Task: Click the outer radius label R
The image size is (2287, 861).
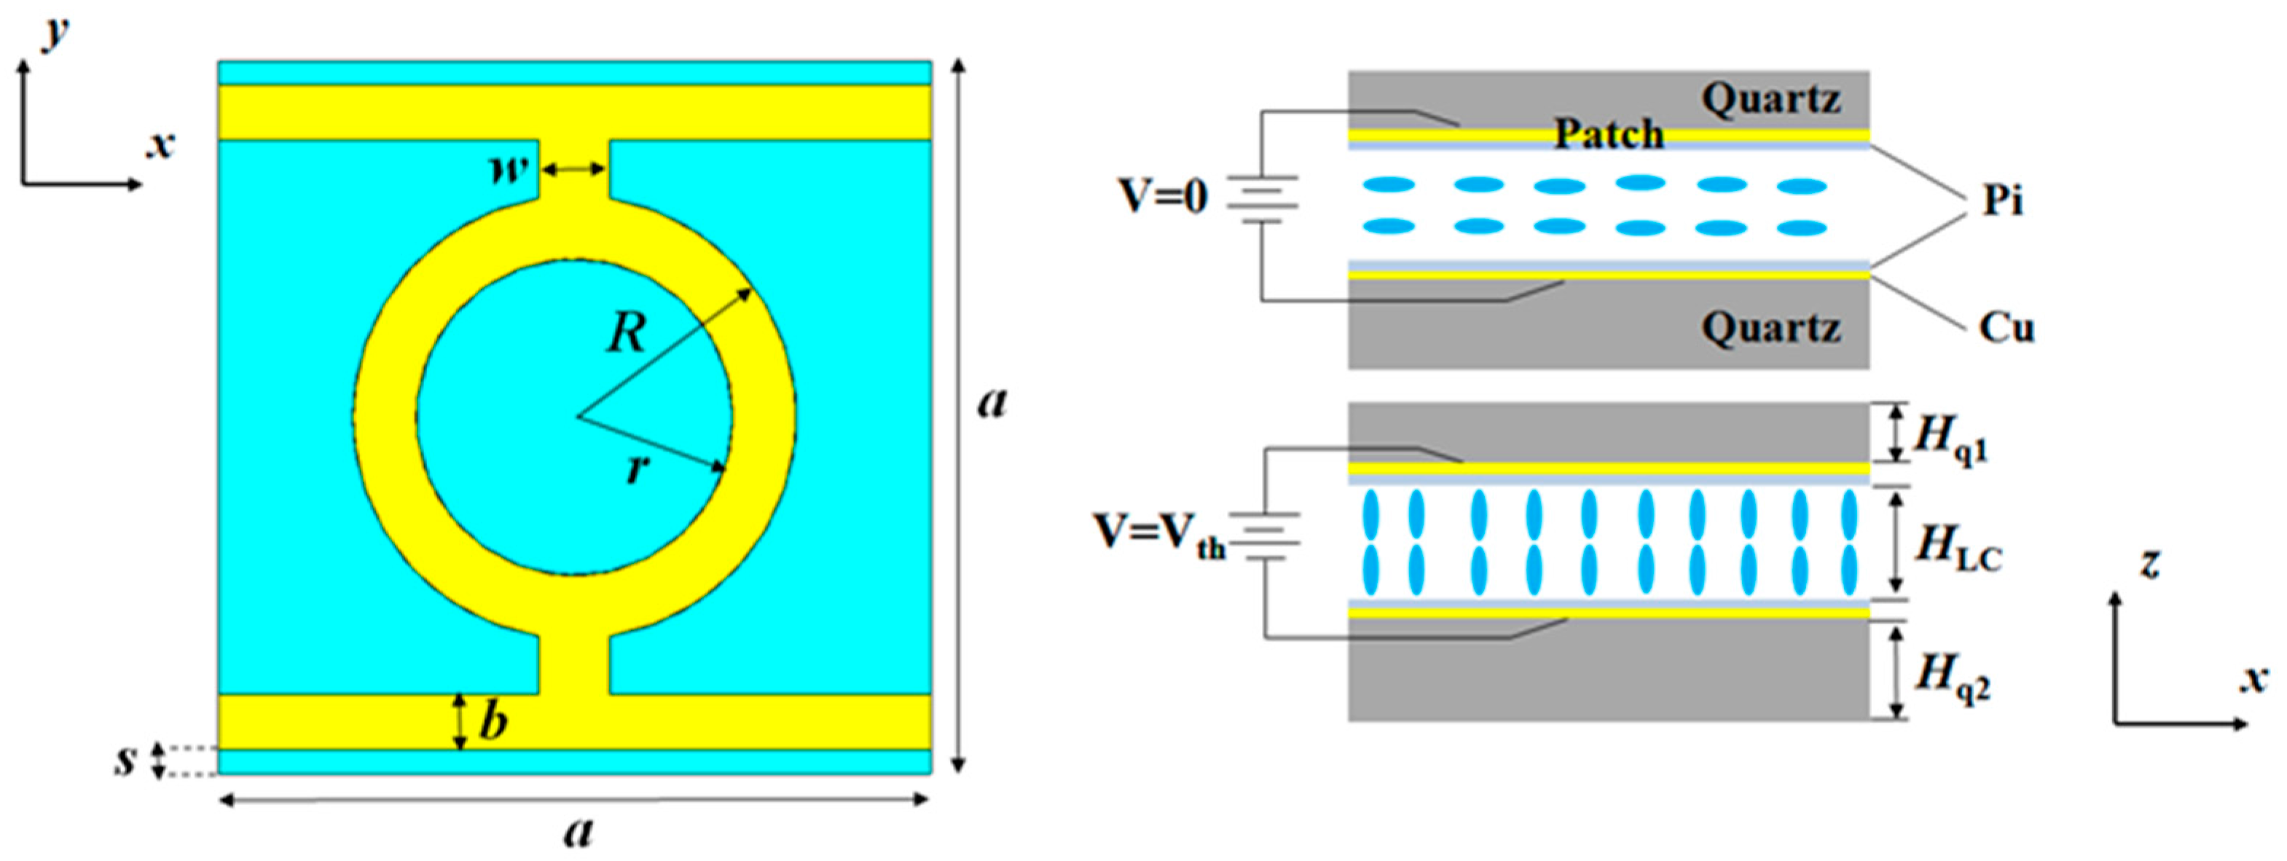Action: [x=627, y=334]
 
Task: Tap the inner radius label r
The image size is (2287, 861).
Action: [x=635, y=468]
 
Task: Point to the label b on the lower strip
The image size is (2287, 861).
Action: [x=494, y=720]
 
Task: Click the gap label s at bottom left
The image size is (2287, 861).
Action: [x=126, y=760]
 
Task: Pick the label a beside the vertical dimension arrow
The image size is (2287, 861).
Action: [x=992, y=402]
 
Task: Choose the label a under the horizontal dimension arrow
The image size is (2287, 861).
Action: [x=578, y=832]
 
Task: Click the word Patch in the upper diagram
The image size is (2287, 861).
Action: [x=1609, y=135]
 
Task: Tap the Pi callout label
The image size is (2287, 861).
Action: [x=2003, y=202]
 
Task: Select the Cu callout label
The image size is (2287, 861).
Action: [x=2006, y=329]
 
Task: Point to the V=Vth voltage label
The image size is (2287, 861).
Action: [x=1158, y=535]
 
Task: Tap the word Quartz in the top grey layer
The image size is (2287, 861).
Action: [x=1770, y=99]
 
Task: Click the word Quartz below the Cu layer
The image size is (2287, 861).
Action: [x=1770, y=329]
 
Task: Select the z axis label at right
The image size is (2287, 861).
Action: [x=2149, y=563]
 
